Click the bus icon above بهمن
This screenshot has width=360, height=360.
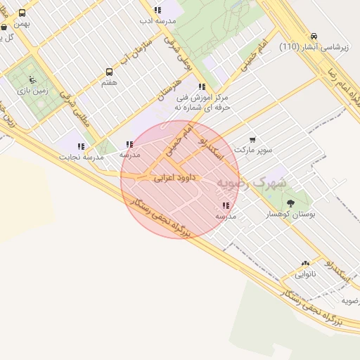[22, 13]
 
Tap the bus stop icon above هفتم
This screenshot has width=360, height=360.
[109, 72]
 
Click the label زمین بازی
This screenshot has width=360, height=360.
[30, 90]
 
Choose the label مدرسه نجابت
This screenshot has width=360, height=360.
[83, 157]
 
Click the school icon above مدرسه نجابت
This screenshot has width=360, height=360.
[82, 147]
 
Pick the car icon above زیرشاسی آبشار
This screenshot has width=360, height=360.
[313, 37]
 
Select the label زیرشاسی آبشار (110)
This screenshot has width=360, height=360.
[314, 47]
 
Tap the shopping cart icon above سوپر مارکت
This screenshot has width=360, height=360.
[252, 140]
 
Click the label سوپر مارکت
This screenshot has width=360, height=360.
[252, 150]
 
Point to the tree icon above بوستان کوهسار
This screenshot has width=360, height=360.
[290, 202]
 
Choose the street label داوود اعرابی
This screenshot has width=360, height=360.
[173, 179]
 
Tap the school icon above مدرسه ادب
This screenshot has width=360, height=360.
[157, 11]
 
